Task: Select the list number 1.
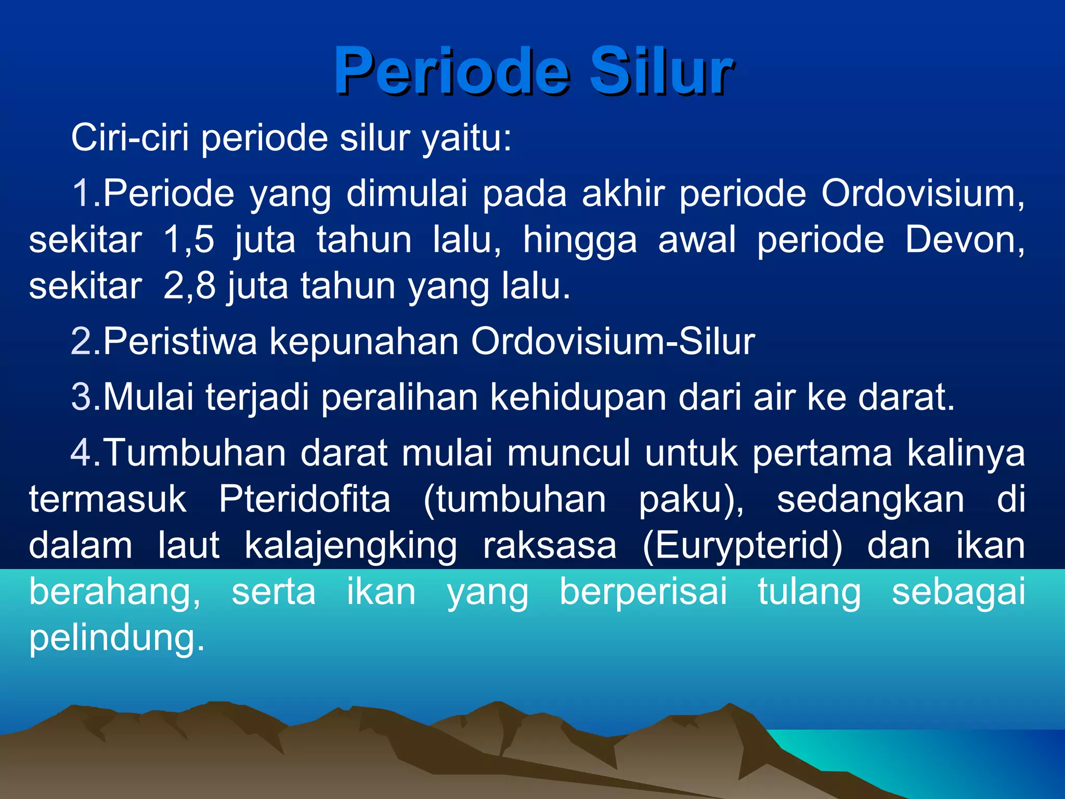point(82,194)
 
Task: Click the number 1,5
point(189,240)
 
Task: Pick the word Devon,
point(965,240)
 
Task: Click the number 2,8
point(189,286)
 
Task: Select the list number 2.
point(82,342)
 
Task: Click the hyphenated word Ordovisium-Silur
point(613,342)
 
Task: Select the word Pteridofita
point(304,499)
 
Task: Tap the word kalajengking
point(350,546)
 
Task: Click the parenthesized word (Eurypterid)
point(742,546)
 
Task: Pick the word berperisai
point(643,592)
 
